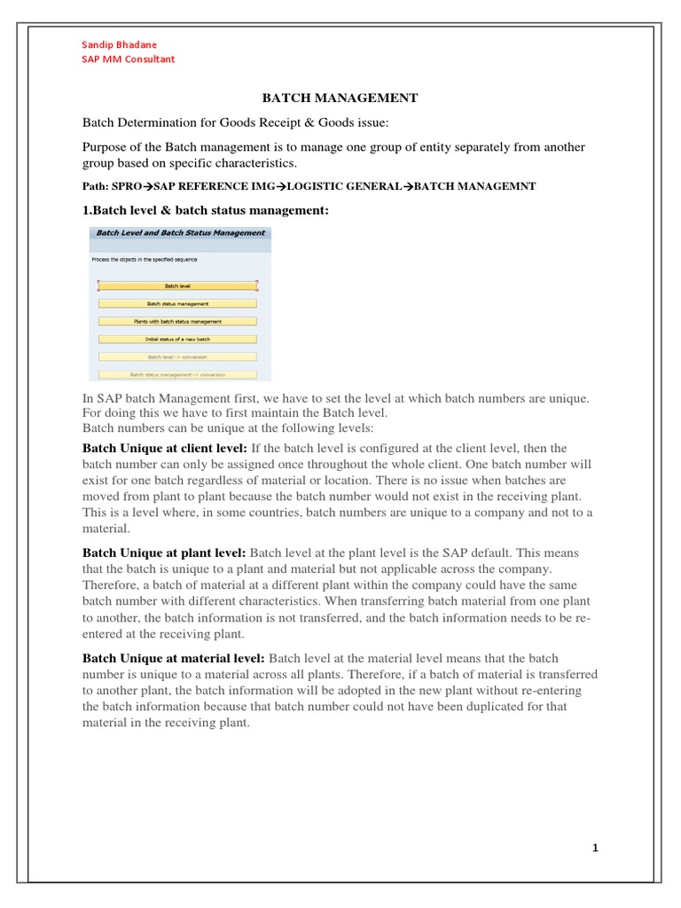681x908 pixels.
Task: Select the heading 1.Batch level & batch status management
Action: pos(206,209)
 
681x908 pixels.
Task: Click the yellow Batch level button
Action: pos(177,286)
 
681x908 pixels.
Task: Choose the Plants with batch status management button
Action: pos(177,321)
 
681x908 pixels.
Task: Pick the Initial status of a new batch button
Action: pos(177,339)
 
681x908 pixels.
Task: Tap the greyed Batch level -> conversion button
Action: pos(177,356)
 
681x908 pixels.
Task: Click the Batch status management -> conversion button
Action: pos(177,374)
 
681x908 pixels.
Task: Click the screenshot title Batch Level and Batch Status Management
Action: pos(180,233)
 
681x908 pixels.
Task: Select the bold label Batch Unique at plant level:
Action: pos(165,553)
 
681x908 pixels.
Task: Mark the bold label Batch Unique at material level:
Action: pos(174,658)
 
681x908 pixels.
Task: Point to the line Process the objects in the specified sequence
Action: pos(145,259)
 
